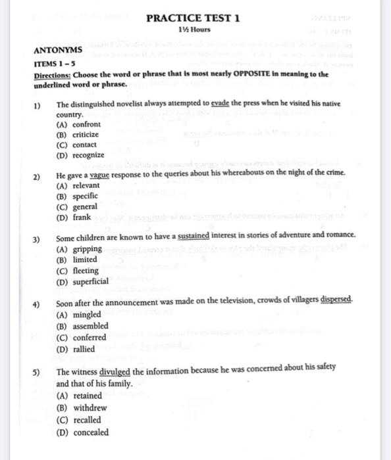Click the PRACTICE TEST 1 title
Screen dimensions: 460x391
coord(193,18)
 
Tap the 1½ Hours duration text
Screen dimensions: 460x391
coord(194,30)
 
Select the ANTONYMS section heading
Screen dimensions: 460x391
coord(58,50)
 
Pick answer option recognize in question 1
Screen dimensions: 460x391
coord(88,154)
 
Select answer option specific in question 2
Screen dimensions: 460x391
coord(85,196)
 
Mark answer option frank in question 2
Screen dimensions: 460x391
coord(82,218)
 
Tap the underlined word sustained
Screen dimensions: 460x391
coord(194,235)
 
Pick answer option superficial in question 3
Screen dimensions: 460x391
coord(91,281)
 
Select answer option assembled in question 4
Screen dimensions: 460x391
coord(91,325)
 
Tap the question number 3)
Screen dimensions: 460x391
coord(38,236)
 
